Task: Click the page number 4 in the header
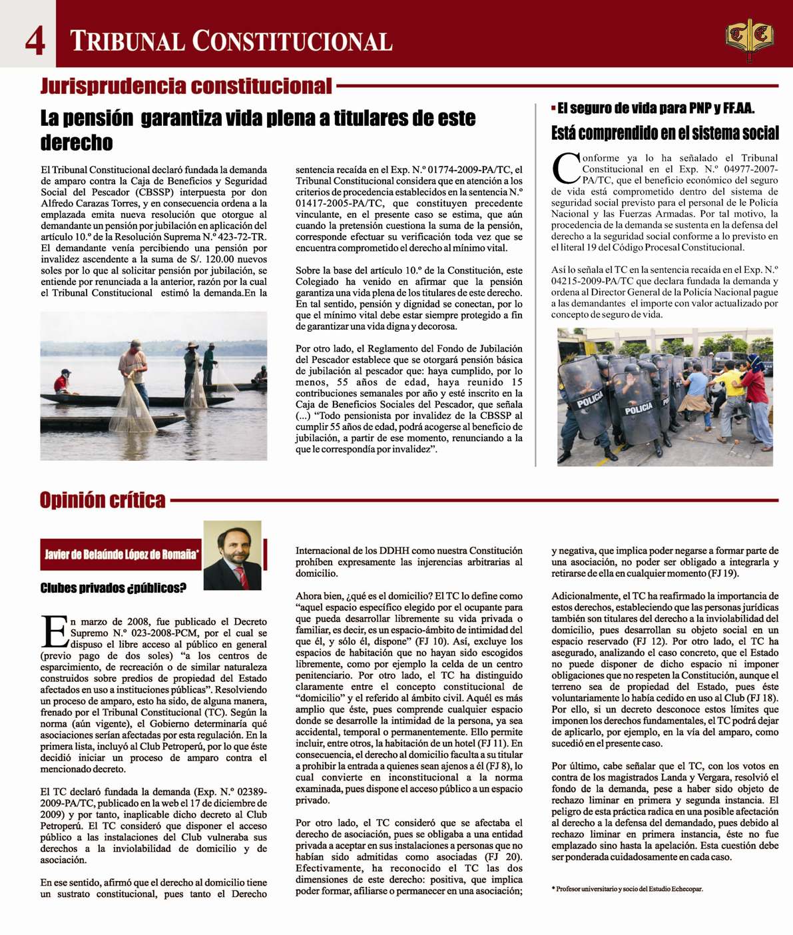pos(35,40)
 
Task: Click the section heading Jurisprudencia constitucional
pos(186,86)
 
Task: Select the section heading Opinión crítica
pos(103,500)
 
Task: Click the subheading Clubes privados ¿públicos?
pos(113,587)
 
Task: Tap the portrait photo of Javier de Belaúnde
pos(232,555)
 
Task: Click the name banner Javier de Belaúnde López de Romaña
pos(121,554)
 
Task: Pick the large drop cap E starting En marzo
pos(55,631)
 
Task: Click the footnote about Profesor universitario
pos(627,889)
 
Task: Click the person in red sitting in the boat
pos(62,384)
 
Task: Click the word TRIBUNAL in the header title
pos(127,41)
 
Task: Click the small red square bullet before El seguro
pos(553,108)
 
